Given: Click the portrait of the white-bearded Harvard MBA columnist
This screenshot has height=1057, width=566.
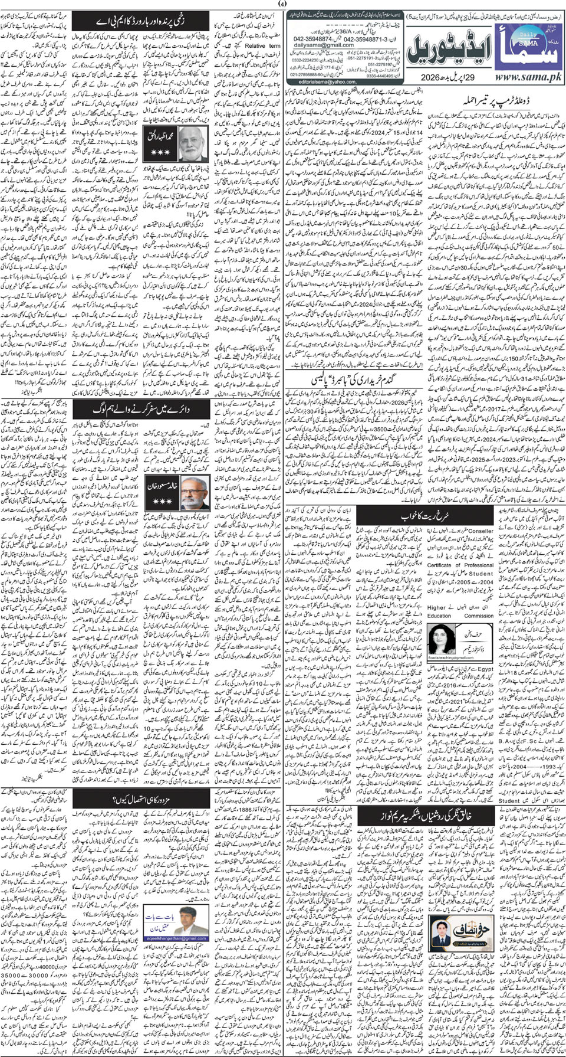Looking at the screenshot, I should tap(192, 142).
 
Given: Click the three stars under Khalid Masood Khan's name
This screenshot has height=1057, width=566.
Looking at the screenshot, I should tap(162, 501).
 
